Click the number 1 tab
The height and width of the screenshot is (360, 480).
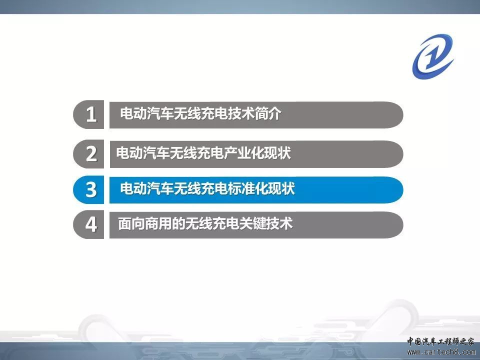(x=89, y=114)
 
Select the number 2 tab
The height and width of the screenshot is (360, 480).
(x=89, y=154)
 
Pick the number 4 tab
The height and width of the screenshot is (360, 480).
(x=89, y=224)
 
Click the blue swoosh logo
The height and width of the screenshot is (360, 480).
(x=433, y=56)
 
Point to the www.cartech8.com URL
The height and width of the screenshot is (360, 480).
(x=441, y=352)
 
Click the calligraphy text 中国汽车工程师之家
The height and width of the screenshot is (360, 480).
(x=440, y=341)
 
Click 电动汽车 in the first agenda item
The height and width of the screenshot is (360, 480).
(x=147, y=113)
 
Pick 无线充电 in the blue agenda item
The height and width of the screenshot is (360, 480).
(x=201, y=188)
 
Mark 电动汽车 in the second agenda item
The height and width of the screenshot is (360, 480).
(x=143, y=153)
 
